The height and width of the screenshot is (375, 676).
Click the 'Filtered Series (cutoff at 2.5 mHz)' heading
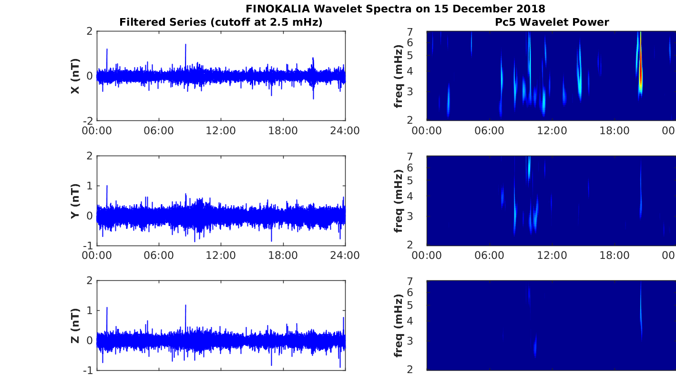[x=221, y=22]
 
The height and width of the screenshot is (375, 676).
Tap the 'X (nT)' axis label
[x=75, y=76]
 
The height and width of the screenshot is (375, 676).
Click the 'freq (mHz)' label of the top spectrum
[x=399, y=76]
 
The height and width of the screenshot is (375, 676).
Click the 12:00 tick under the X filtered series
[x=221, y=130]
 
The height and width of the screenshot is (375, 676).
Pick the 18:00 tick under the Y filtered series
[x=283, y=256]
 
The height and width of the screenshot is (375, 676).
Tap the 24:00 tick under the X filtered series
[x=345, y=130]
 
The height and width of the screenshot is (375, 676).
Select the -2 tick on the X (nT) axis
[x=88, y=121]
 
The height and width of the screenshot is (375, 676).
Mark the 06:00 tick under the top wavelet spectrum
[x=489, y=130]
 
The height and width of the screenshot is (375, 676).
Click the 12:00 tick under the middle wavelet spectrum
[x=552, y=256]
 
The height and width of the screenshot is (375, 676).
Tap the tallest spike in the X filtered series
[x=185, y=45]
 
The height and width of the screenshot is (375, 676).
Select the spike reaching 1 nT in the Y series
[x=107, y=187]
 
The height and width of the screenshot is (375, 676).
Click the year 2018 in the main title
[x=532, y=9]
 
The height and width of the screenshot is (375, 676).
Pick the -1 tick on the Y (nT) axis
[x=88, y=246]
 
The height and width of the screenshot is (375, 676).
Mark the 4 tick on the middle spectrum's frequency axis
[x=422, y=196]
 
